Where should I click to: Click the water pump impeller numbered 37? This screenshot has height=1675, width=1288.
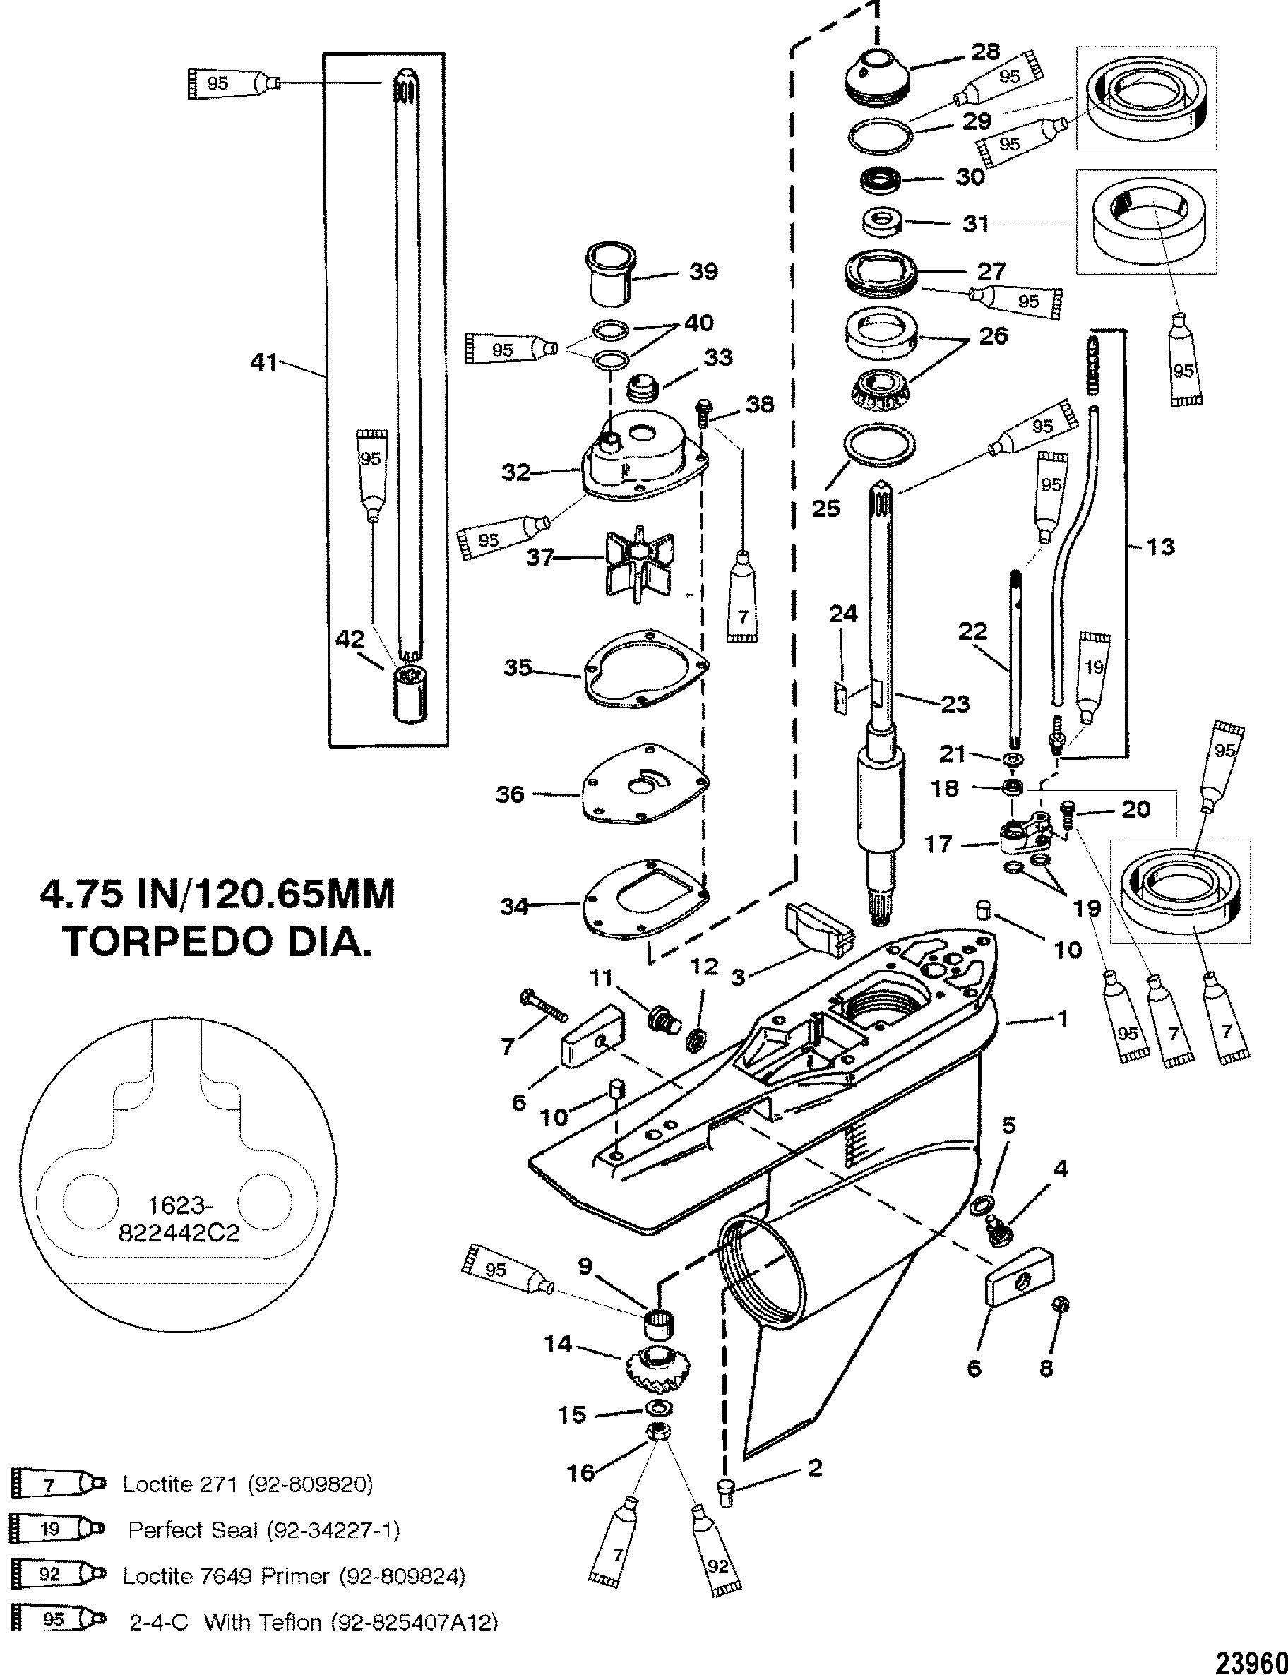633,566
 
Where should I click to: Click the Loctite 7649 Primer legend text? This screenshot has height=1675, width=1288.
294,1576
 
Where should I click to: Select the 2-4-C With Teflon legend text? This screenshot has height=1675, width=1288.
313,1622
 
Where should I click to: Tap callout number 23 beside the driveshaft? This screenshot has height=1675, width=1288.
955,703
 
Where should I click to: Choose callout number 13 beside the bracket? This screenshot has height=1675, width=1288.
1159,546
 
